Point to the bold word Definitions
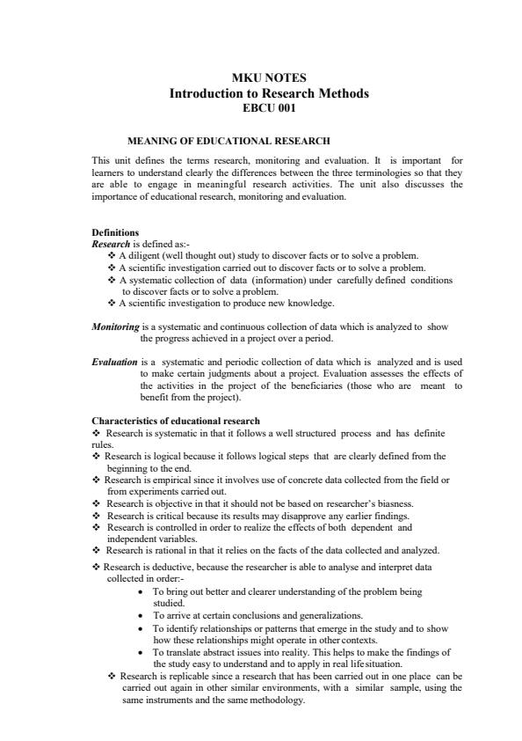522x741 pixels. point(115,232)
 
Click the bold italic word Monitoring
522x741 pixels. point(115,326)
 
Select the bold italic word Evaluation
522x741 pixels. point(114,362)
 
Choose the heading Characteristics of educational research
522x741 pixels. point(176,421)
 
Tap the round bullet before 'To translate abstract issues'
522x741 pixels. point(141,653)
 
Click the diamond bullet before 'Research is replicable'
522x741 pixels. point(112,676)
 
